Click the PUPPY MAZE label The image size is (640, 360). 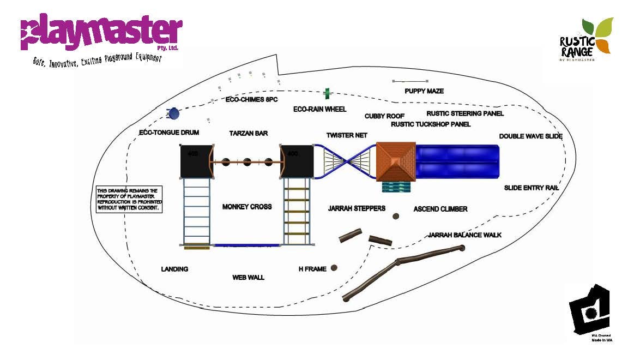[x=424, y=91]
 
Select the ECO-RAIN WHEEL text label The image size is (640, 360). [x=320, y=109]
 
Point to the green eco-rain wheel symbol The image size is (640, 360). [x=327, y=93]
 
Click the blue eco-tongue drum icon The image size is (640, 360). [x=174, y=113]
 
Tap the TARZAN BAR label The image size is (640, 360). [x=249, y=134]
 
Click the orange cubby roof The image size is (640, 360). [x=396, y=161]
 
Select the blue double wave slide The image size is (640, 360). [x=457, y=161]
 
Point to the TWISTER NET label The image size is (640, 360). [x=347, y=135]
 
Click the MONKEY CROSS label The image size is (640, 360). [x=247, y=207]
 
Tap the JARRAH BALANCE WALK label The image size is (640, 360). [x=464, y=235]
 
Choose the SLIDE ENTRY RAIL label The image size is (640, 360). [x=532, y=188]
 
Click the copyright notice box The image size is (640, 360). [x=129, y=199]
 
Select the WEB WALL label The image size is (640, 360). [x=248, y=278]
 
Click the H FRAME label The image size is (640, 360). [x=312, y=269]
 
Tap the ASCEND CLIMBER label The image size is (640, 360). [x=440, y=209]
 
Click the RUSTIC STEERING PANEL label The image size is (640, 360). [x=465, y=113]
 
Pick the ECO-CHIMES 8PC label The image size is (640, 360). [x=252, y=100]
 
